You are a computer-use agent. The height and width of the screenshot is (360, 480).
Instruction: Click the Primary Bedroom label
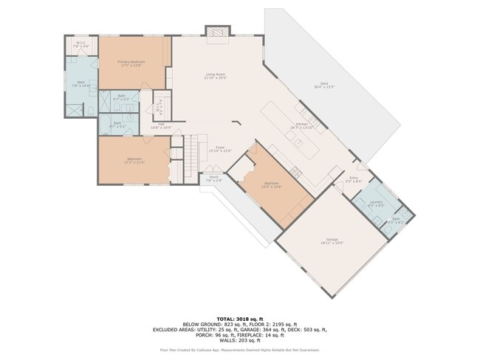coord(131,63)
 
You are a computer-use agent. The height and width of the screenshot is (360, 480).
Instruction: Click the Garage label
coord(332,240)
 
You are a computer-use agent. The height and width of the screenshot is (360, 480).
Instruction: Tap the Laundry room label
coord(376,203)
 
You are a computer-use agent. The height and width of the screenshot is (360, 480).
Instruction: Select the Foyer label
coord(220,149)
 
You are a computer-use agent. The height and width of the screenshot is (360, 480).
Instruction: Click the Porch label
coord(213,179)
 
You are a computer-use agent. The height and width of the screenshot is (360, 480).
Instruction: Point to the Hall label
coord(161,127)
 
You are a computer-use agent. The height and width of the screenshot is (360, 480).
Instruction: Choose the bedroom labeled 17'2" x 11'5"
coord(134,161)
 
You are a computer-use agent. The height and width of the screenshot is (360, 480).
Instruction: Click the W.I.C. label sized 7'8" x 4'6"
coord(82,45)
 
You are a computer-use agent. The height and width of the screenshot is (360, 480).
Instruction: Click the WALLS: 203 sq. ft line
coord(240,341)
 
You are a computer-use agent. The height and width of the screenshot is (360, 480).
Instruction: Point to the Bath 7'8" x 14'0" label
coord(76,85)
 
